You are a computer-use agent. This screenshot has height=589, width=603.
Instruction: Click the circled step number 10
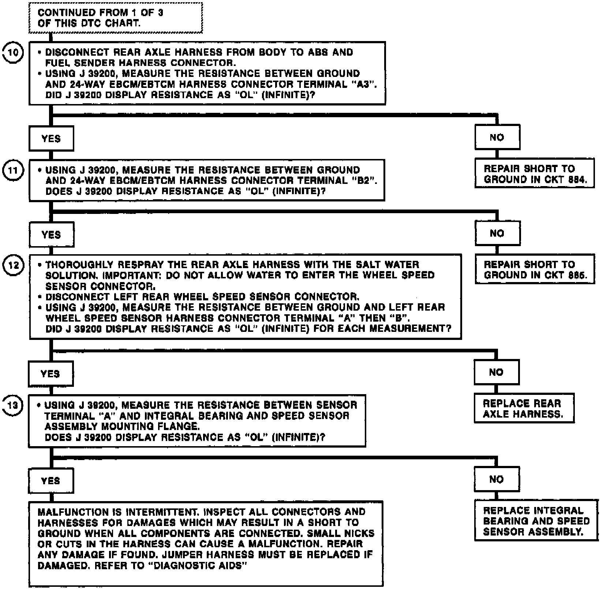[13, 53]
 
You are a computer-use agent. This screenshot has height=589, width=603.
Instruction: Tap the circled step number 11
[13, 171]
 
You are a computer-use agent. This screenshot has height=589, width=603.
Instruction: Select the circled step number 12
[13, 265]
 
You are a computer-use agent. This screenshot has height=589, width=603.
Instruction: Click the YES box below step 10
[51, 138]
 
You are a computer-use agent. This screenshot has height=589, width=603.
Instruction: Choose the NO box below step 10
[497, 137]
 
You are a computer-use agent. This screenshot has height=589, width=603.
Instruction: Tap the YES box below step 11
[51, 234]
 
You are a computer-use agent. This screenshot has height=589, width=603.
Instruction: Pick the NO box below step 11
[497, 233]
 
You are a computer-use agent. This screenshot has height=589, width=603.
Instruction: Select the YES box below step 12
[50, 374]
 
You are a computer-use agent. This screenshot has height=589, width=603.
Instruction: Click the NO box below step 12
[496, 373]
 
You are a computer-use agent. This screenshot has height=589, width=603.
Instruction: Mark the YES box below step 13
[51, 481]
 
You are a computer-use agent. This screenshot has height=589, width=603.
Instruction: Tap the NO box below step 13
[497, 479]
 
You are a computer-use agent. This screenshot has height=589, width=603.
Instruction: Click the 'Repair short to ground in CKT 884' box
[534, 174]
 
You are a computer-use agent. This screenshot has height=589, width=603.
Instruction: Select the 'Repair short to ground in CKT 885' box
[535, 270]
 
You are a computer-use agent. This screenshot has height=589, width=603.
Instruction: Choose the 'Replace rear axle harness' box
[524, 409]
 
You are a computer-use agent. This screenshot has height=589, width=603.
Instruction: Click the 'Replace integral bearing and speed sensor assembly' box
[536, 521]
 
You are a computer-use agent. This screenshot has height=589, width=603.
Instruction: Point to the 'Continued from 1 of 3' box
[115, 18]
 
